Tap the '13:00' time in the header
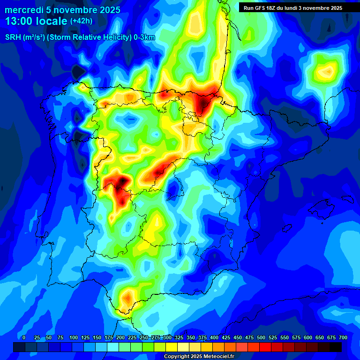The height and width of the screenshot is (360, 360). click(x=18, y=21)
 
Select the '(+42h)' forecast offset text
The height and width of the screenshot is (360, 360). click(x=81, y=21)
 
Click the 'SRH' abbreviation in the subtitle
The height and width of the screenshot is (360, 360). click(x=12, y=38)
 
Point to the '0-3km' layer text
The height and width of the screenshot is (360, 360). click(x=144, y=38)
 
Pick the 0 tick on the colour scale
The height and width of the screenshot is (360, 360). click(x=23, y=337)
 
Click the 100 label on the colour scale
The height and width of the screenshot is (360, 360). click(x=74, y=337)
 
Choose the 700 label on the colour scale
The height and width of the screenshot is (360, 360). click(x=343, y=337)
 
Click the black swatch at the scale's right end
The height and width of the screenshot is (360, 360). click(x=336, y=347)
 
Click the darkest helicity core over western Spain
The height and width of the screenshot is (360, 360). click(x=123, y=180)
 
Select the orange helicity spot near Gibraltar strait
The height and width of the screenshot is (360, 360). click(x=127, y=298)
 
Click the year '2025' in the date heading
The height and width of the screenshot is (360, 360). click(x=107, y=10)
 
